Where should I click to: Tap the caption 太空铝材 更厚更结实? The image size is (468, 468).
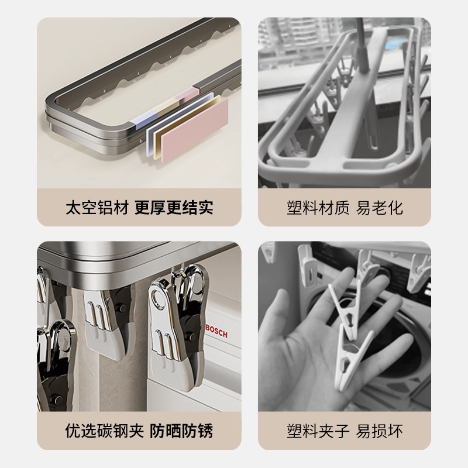139,207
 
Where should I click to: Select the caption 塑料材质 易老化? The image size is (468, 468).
345,207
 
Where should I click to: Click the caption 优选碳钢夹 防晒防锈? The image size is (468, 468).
139,432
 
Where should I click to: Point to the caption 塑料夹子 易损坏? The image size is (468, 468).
345,432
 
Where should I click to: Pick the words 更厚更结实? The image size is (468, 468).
174,207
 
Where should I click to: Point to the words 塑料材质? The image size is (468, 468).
315,207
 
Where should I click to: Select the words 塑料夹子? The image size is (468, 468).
315,432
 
